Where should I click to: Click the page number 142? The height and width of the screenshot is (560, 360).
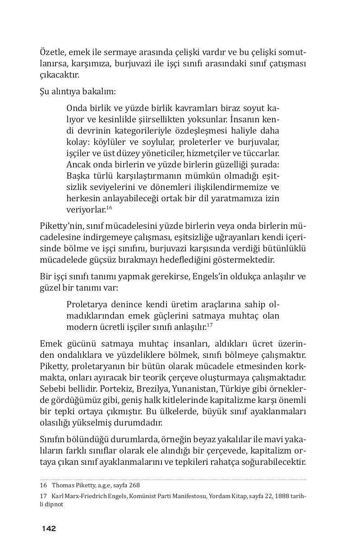pos(49,528)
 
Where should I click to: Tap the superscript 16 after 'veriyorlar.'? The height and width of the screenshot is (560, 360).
pos(109,207)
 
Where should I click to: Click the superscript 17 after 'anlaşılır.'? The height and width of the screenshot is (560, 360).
pos(209,324)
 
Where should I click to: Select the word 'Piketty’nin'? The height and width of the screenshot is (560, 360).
pos(60,226)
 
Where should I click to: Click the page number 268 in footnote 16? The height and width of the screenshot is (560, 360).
pos(134,486)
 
